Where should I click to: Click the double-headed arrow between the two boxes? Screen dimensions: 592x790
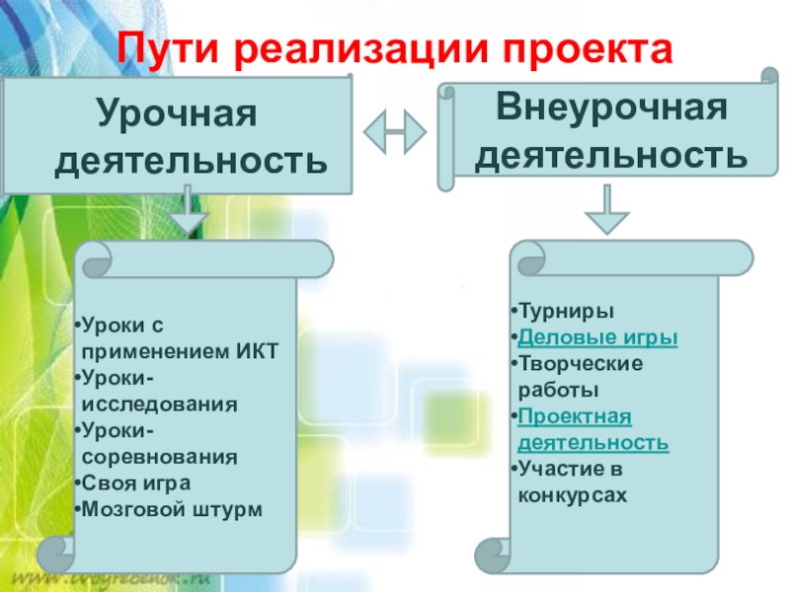(x=395, y=130)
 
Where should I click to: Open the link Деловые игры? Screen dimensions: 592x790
(x=597, y=337)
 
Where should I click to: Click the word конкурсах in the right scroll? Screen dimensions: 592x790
(x=573, y=495)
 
